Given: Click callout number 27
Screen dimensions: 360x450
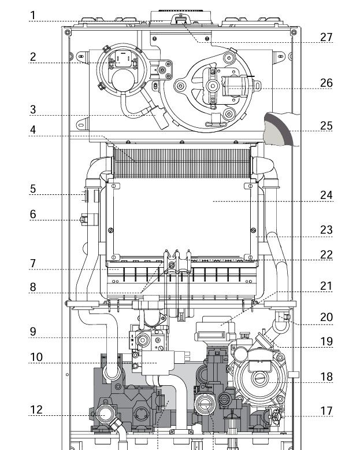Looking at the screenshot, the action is pyautogui.click(x=326, y=37).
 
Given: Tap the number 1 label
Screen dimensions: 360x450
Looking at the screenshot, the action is pyautogui.click(x=34, y=16).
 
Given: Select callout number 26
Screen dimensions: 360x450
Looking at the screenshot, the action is pyautogui.click(x=326, y=83).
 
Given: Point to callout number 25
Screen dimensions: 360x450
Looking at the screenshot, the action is pyautogui.click(x=326, y=126).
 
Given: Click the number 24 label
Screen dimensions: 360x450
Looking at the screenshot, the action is pyautogui.click(x=326, y=195).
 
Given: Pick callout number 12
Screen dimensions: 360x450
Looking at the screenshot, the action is pyautogui.click(x=36, y=410).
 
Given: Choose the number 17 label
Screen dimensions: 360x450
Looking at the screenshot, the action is pyautogui.click(x=326, y=411).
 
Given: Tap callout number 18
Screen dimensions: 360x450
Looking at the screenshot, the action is pyautogui.click(x=326, y=377).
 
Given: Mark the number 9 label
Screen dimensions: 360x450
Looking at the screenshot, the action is pyautogui.click(x=34, y=332).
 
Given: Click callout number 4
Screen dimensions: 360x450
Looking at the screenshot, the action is pyautogui.click(x=34, y=130).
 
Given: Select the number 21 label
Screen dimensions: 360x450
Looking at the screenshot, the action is pyautogui.click(x=326, y=286).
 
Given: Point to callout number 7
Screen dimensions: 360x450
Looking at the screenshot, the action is pyautogui.click(x=34, y=263).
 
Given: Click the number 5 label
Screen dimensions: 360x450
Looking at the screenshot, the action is pyautogui.click(x=34, y=189).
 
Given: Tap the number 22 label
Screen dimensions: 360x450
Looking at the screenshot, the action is pyautogui.click(x=326, y=254).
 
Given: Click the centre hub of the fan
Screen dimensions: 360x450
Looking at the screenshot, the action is pyautogui.click(x=213, y=86).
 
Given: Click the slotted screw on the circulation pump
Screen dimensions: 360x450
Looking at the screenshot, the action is pyautogui.click(x=260, y=378).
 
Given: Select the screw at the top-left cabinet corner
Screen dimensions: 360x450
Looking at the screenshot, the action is pyautogui.click(x=68, y=32).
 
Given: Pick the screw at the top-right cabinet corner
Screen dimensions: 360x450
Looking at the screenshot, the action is pyautogui.click(x=294, y=32).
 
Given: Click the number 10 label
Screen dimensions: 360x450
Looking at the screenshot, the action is pyautogui.click(x=36, y=357).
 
